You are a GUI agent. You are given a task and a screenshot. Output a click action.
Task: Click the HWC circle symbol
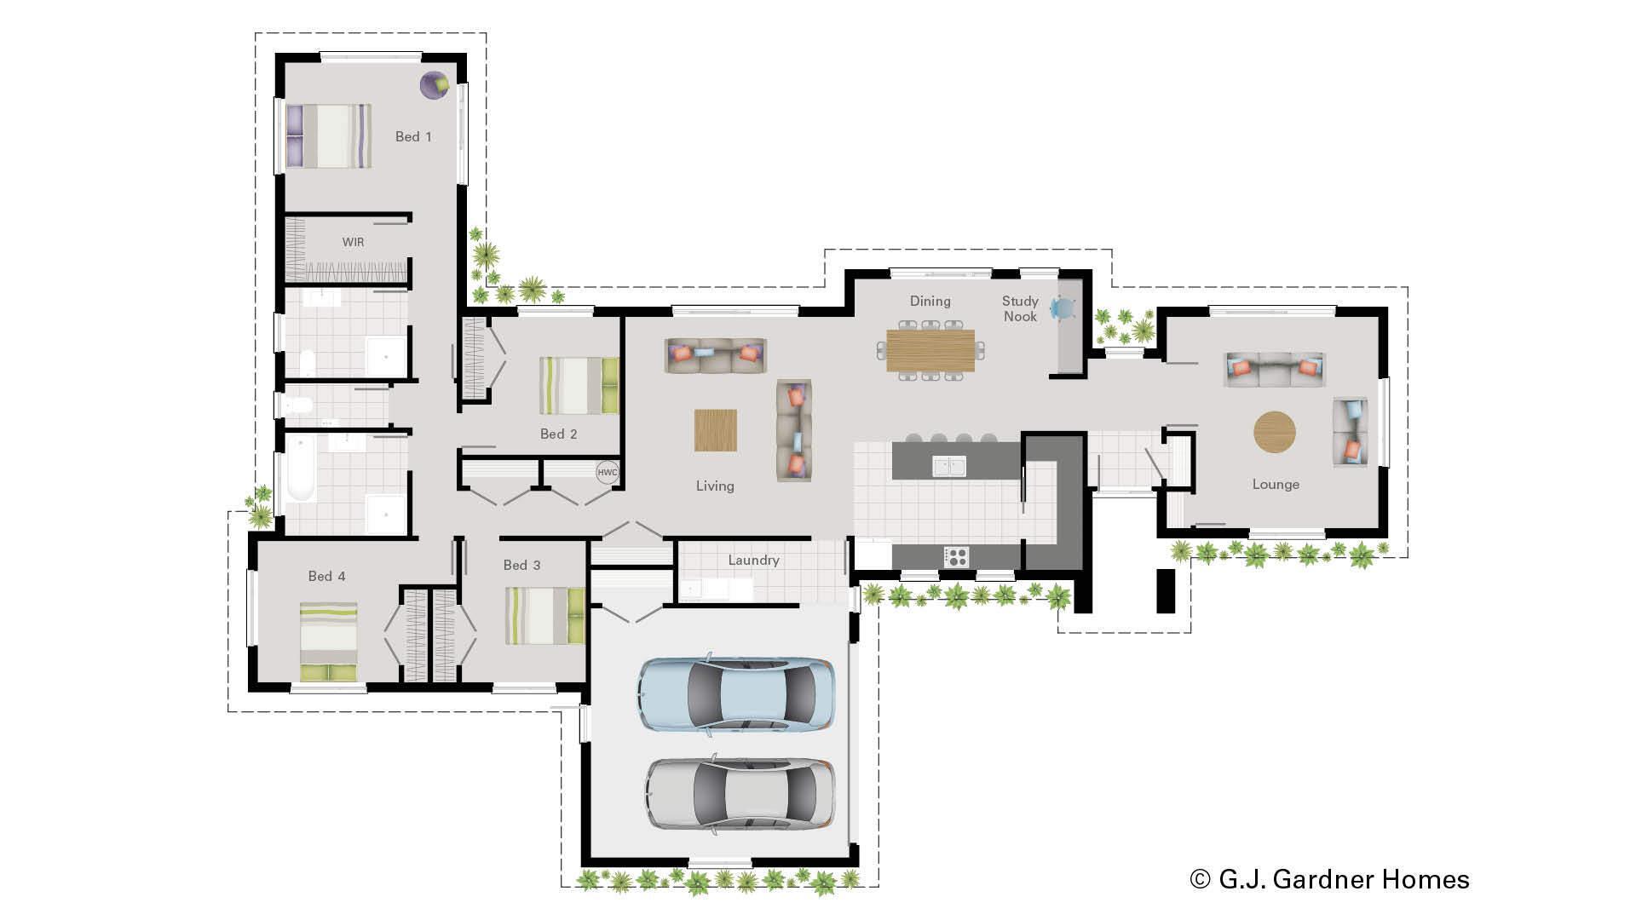click(x=607, y=473)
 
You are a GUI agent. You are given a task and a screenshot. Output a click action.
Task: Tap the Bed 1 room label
click(x=413, y=136)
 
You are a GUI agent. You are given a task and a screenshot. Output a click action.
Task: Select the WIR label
click(x=353, y=242)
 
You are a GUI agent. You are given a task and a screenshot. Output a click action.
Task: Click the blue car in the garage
click(x=735, y=694)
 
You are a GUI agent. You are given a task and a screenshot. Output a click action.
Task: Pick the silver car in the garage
click(x=740, y=793)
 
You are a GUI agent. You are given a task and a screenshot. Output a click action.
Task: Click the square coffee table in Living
click(x=716, y=430)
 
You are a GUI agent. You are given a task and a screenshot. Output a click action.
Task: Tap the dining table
click(x=930, y=350)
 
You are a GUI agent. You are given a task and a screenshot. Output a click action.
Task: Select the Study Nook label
click(x=1020, y=308)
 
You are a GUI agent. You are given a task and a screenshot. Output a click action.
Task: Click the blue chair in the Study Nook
click(x=1063, y=308)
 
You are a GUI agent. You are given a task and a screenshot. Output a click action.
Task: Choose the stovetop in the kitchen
click(x=956, y=557)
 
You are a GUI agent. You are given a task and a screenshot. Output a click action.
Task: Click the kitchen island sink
click(x=948, y=466)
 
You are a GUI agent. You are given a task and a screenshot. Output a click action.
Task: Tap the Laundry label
click(x=753, y=560)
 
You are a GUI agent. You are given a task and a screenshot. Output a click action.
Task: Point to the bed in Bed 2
click(x=579, y=386)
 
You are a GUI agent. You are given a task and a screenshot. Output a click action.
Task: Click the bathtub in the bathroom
click(x=301, y=469)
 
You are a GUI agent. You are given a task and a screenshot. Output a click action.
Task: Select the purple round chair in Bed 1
click(x=435, y=84)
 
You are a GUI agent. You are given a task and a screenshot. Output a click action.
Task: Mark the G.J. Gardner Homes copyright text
click(x=1329, y=879)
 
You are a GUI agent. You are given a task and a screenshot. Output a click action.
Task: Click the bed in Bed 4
click(x=328, y=641)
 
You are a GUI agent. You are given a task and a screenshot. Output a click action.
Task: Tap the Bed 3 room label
click(x=521, y=565)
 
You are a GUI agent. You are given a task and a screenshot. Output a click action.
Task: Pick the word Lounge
click(x=1276, y=484)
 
